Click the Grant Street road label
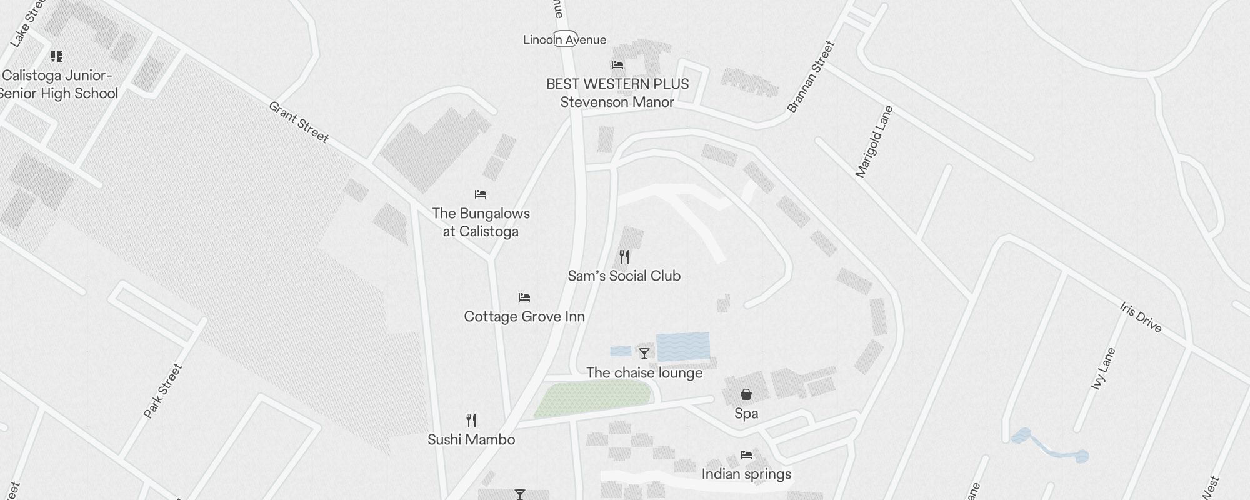[x=299, y=121]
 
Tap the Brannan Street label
[x=811, y=76]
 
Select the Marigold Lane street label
[x=874, y=142]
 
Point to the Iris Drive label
[x=1141, y=317]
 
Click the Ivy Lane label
[x=1103, y=369]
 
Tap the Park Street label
[x=162, y=391]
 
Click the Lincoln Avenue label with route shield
[x=564, y=39]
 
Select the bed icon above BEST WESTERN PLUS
[x=617, y=64]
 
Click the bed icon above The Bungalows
[x=481, y=194]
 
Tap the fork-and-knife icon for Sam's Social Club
[x=624, y=257]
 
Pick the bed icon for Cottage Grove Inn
[x=524, y=297]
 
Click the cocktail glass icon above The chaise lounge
[x=644, y=353]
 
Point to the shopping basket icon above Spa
[x=746, y=394]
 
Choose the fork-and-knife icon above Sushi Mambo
[x=471, y=420]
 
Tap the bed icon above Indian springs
[x=746, y=455]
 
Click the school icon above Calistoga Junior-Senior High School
[x=57, y=56]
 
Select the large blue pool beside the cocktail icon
[x=682, y=346]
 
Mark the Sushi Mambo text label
[x=471, y=439]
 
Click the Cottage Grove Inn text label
[x=524, y=316]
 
